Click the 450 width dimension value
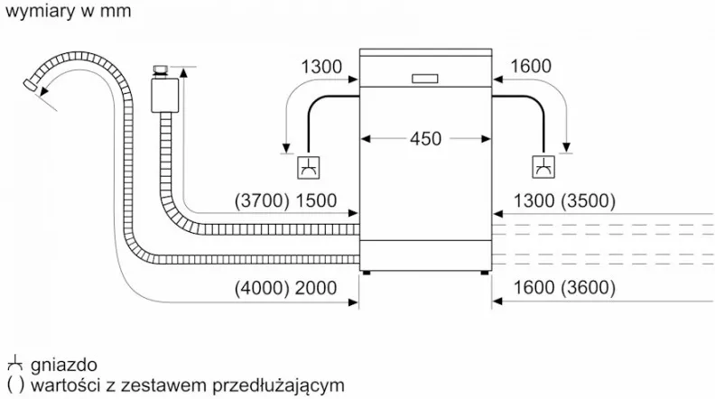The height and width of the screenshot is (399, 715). (x=425, y=139)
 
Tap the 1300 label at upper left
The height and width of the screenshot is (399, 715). (x=321, y=67)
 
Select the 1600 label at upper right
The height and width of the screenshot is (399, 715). (x=530, y=66)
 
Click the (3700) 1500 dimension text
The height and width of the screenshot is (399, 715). (x=285, y=200)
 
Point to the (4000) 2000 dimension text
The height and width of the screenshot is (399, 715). (x=285, y=288)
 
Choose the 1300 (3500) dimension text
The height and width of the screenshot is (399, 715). (x=564, y=200)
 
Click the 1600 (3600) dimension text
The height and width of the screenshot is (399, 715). (x=564, y=288)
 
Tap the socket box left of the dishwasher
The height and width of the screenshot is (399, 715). (x=308, y=167)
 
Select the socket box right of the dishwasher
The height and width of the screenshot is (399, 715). (x=543, y=167)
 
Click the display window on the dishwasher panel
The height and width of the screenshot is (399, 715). (x=425, y=79)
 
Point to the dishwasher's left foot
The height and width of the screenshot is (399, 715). (x=367, y=274)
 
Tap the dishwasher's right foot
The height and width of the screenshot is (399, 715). (x=484, y=274)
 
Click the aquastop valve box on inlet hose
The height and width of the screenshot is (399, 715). (x=165, y=96)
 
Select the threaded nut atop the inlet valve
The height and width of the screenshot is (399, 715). (x=161, y=70)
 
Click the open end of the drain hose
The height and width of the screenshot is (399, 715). (x=32, y=86)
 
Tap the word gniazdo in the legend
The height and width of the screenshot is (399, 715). (x=64, y=365)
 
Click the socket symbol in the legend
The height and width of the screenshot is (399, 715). (x=15, y=363)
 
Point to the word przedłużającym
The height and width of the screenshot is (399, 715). (x=279, y=385)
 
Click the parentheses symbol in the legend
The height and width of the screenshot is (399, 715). (x=15, y=385)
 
